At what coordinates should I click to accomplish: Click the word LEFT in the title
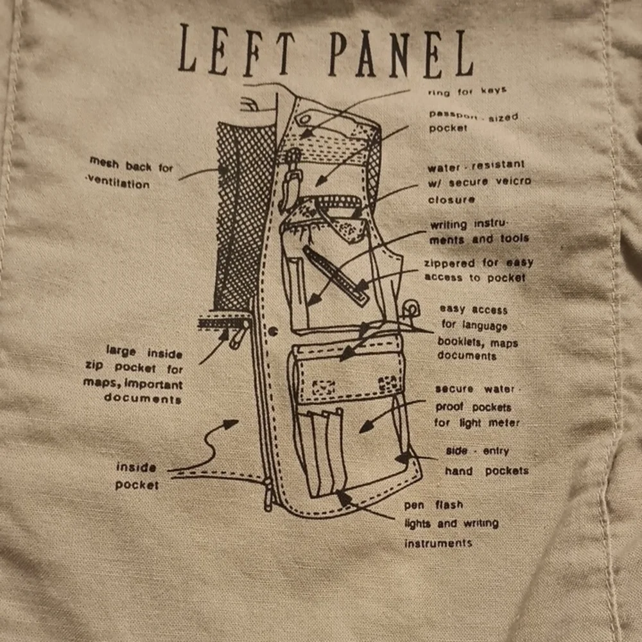tap(237, 50)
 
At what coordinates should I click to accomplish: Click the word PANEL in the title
tap(401, 54)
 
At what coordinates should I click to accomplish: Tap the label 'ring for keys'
tap(467, 91)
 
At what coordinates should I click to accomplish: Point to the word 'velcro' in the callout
tap(513, 181)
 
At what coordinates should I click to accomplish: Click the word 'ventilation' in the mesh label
tap(118, 182)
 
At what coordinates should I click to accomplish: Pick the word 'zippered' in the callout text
tap(449, 264)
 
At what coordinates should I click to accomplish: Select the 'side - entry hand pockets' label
tap(487, 461)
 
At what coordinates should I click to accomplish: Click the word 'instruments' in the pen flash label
tap(438, 543)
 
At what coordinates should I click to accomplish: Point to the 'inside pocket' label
tap(137, 476)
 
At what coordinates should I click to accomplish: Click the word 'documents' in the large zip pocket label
tap(143, 398)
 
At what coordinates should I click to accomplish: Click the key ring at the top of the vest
tap(304, 121)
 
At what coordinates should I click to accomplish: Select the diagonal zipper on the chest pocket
tap(336, 275)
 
